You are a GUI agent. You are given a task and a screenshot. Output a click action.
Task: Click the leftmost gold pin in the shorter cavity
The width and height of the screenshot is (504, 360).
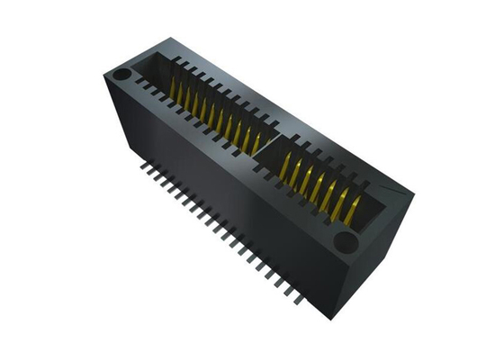[x=285, y=166]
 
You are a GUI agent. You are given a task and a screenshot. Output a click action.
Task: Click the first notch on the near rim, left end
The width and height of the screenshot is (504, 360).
[x=141, y=85]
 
